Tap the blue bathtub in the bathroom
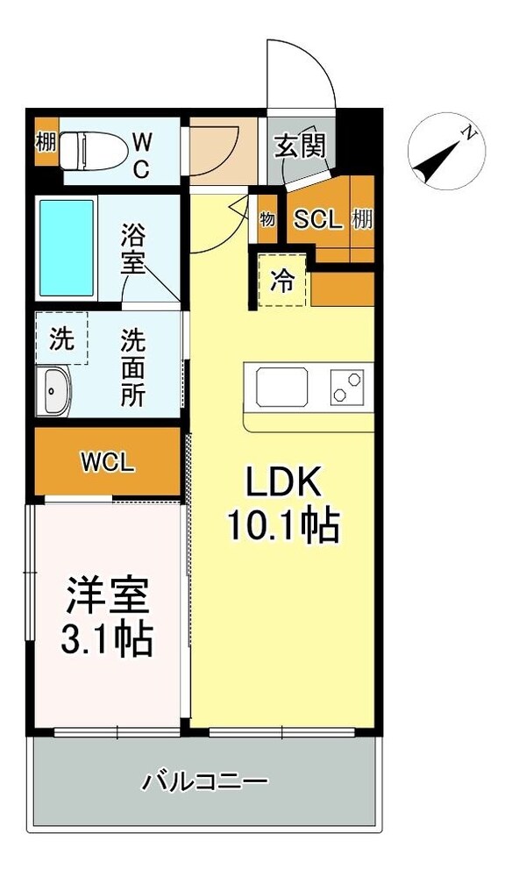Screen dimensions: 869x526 [66, 249]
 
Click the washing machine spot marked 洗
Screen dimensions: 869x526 [61, 338]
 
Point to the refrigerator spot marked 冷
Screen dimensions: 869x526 [281, 281]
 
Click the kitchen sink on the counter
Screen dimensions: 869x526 [281, 387]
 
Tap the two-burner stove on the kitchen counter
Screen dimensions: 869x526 [347, 387]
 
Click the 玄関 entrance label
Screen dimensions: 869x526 [301, 146]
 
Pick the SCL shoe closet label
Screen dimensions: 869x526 [317, 219]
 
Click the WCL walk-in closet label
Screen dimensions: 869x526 [108, 462]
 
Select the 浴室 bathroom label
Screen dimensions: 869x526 [133, 249]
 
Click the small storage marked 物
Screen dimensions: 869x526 [267, 217]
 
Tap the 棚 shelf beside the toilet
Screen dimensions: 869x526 [46, 141]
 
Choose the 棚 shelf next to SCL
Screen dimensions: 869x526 [362, 219]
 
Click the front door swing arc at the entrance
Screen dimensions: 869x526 [302, 75]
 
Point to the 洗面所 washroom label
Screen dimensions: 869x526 [133, 367]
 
